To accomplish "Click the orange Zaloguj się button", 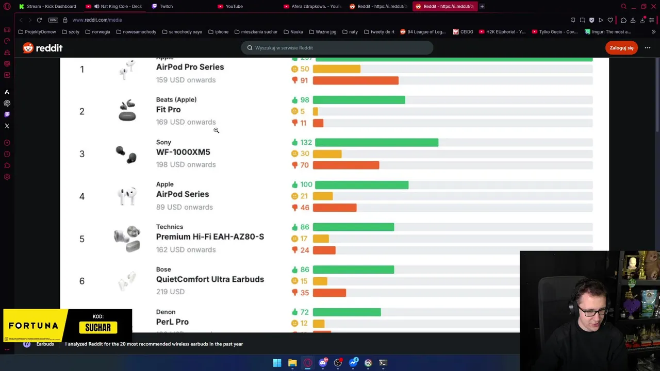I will coord(621,48).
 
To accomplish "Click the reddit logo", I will coord(43,48).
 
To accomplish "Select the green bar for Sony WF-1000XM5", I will coord(376,143).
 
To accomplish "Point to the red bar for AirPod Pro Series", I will coord(355,81).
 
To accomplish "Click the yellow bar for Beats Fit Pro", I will coord(315,111).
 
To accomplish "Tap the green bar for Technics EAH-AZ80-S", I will coord(353,227).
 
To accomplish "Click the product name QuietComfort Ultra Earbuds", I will coord(210,279).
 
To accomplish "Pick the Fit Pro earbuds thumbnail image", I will coord(127,110).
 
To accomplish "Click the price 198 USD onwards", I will coord(186,165).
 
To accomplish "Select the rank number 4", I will coord(81,196).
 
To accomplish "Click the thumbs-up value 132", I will coord(306,143).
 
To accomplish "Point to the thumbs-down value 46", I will coord(304,208).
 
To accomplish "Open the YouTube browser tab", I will coord(234,6).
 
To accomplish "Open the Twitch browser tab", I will coord(166,6).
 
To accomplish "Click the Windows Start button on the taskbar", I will coord(277,363).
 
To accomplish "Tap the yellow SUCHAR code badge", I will coord(98,328).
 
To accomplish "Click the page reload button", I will coord(39,20).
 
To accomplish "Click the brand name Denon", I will coord(166,312).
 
